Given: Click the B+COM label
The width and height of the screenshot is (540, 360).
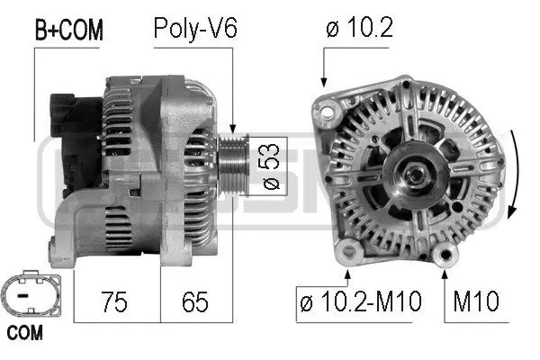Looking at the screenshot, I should point(68,30).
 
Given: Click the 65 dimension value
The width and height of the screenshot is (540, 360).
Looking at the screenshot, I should point(195,301).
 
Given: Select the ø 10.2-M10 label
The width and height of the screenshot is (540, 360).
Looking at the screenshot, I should point(360,301).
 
